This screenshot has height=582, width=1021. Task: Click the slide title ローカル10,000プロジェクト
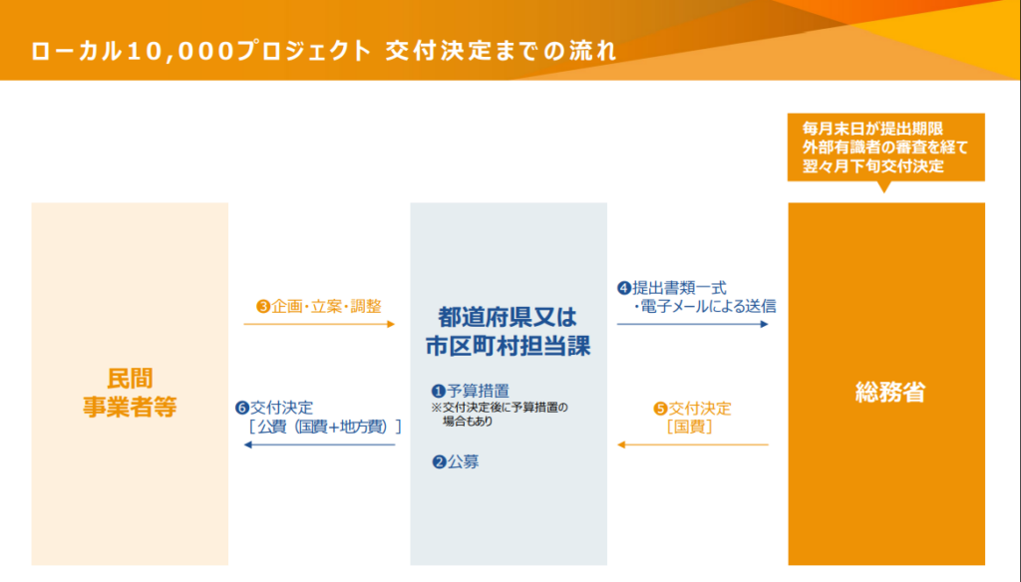tap(200, 51)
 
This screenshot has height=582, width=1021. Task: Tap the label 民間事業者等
tap(130, 393)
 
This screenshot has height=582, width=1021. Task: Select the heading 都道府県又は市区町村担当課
tap(508, 332)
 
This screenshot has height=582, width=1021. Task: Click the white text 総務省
tap(889, 392)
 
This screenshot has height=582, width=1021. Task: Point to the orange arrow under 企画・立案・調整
tap(319, 324)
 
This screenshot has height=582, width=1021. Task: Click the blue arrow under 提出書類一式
tap(693, 324)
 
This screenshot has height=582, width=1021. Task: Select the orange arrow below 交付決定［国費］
tap(693, 444)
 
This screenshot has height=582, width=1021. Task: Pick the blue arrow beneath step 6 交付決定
tap(319, 444)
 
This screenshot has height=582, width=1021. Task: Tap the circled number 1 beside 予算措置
tap(439, 392)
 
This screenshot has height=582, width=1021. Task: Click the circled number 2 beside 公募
tap(439, 461)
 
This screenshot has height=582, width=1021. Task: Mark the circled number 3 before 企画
tap(263, 306)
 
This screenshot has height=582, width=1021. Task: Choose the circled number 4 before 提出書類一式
tap(624, 288)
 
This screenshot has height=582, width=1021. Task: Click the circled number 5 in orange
tap(660, 409)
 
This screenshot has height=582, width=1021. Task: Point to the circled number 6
tap(242, 409)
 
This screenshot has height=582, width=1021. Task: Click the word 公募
tap(463, 461)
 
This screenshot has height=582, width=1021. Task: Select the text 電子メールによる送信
tap(709, 306)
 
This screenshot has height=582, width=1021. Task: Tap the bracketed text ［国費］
tap(690, 427)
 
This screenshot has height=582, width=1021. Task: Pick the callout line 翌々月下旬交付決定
tap(872, 166)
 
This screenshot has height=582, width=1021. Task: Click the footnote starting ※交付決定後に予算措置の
tap(500, 414)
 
